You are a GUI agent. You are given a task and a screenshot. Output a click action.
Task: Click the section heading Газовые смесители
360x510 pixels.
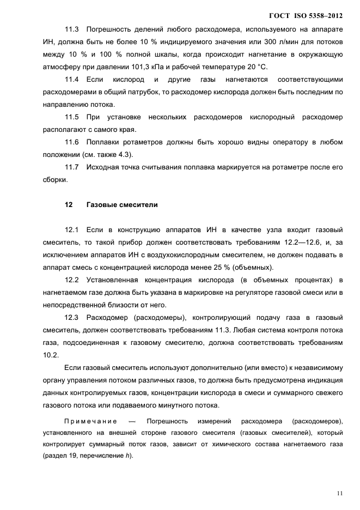coord(122,205)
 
